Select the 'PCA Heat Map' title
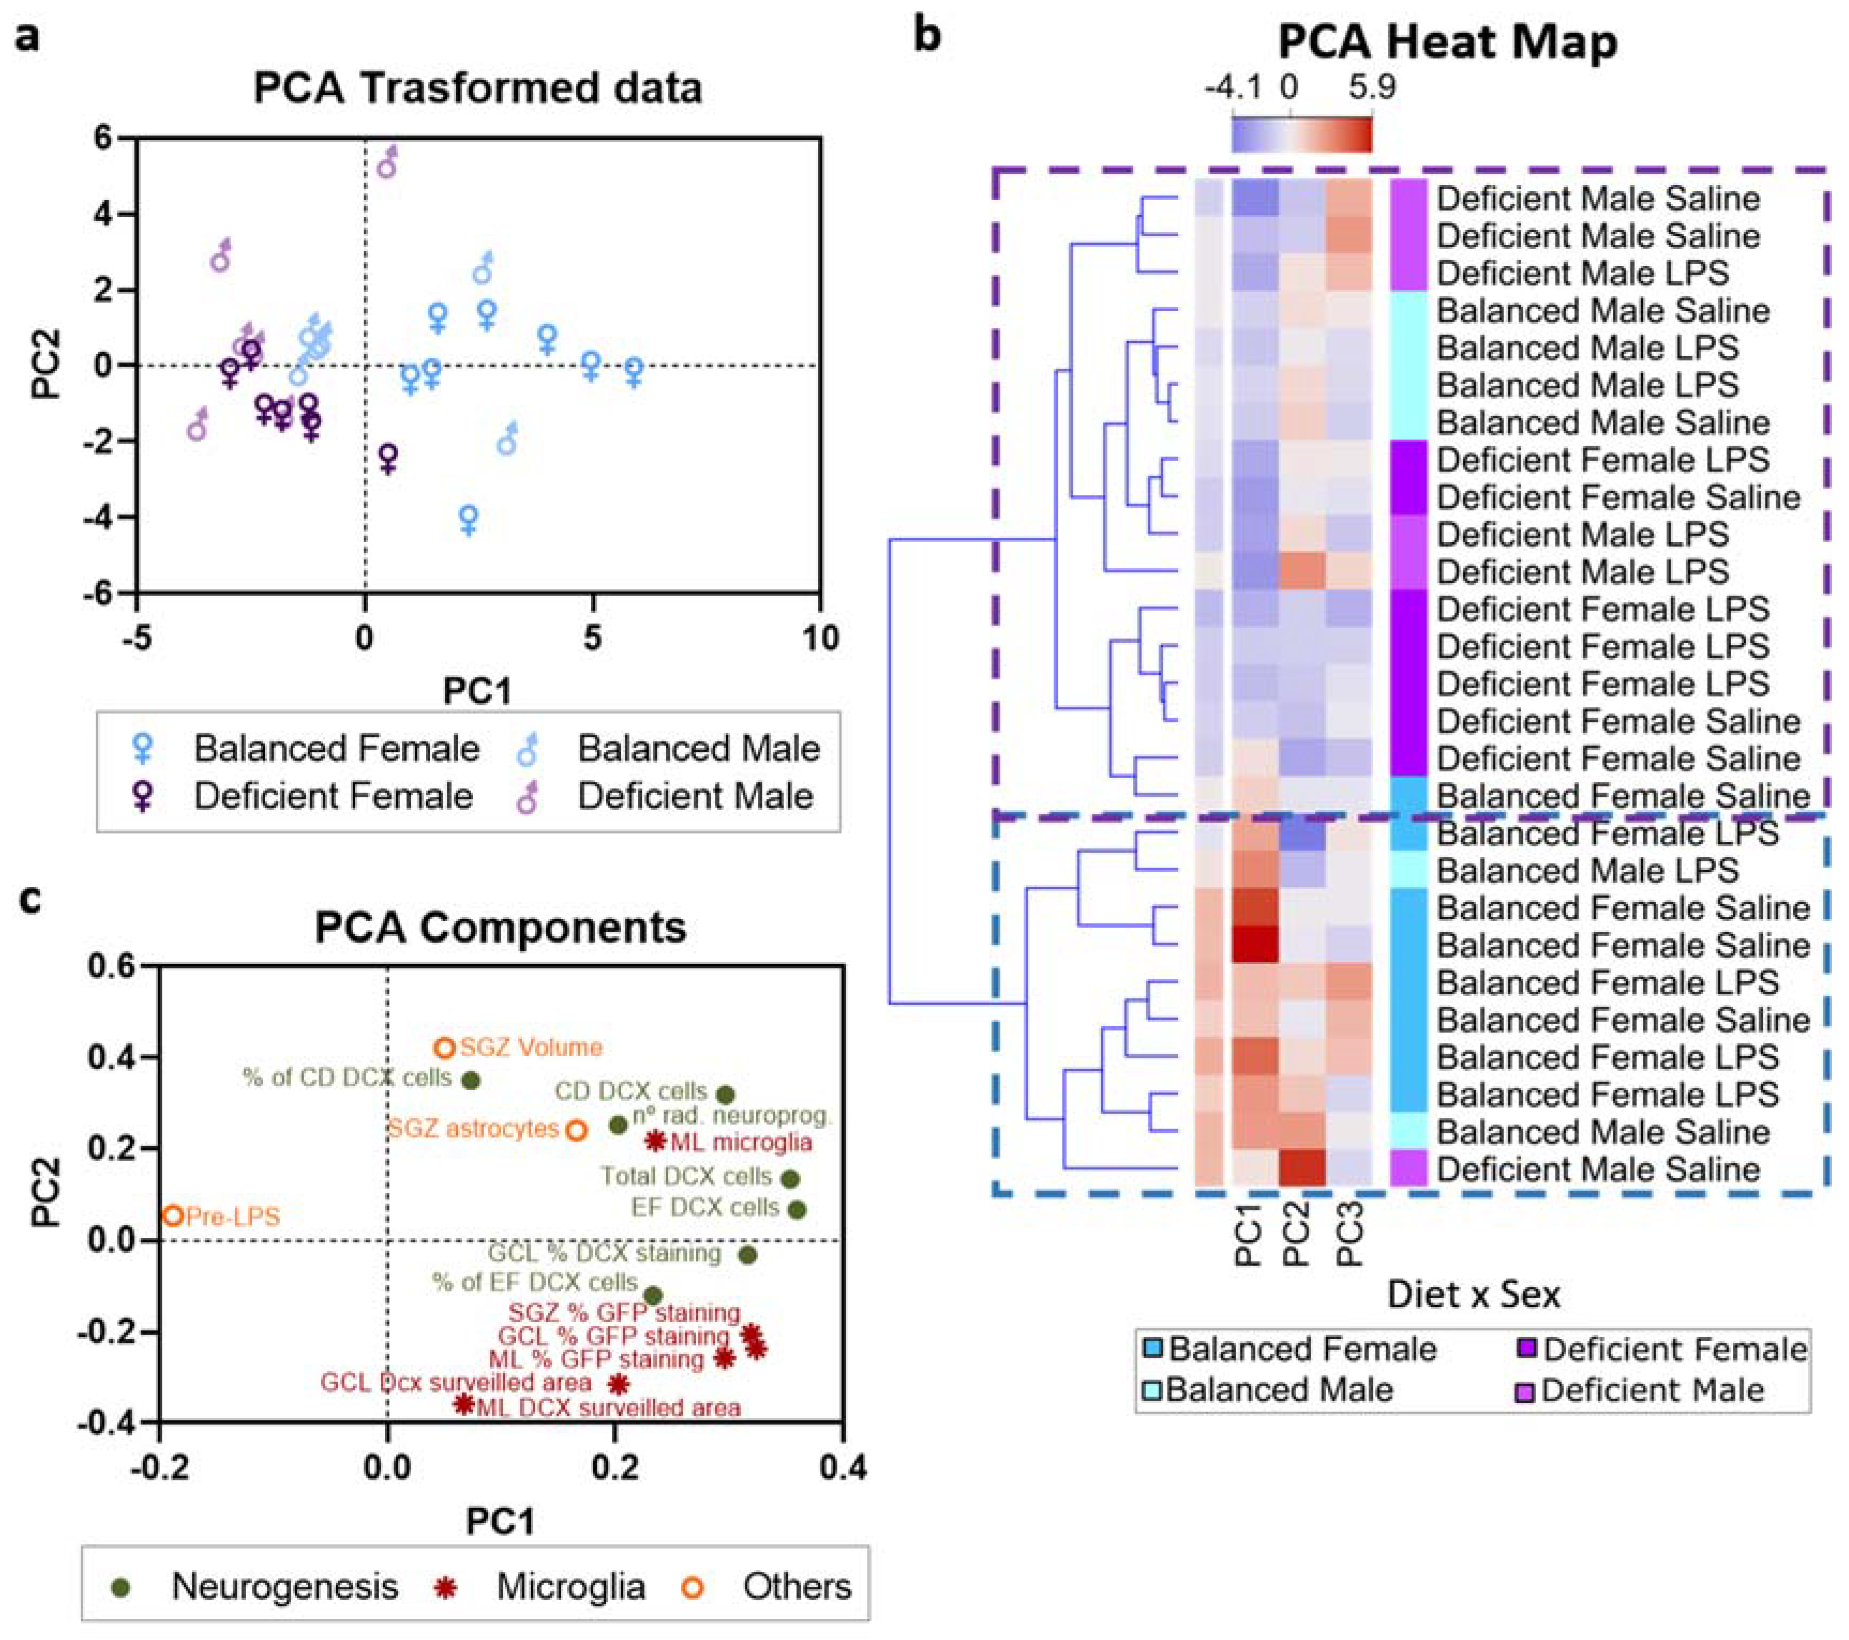click(1447, 42)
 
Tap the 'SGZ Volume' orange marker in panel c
click(444, 1048)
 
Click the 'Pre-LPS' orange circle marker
click(174, 1216)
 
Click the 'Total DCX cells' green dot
click(790, 1179)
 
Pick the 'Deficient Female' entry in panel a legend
click(333, 796)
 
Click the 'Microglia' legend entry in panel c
click(570, 1586)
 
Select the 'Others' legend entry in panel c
click(796, 1586)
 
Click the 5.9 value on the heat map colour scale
click(1371, 88)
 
